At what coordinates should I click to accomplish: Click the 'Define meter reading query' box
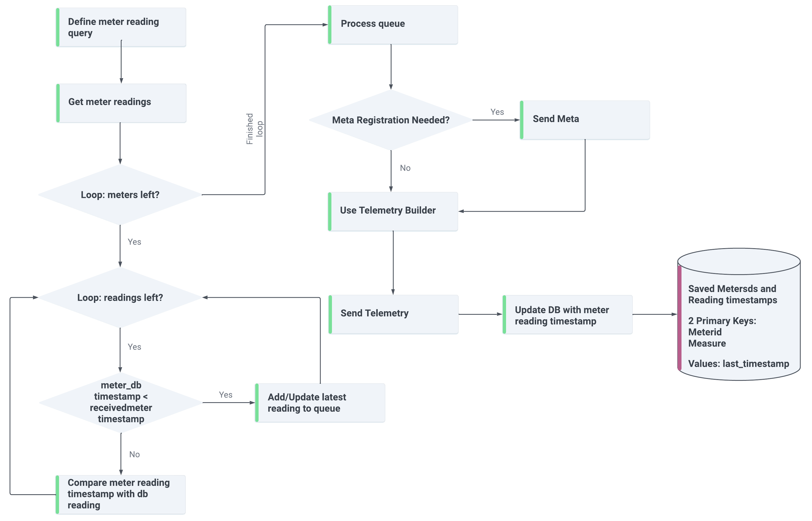click(121, 27)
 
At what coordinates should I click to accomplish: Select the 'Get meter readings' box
click(121, 103)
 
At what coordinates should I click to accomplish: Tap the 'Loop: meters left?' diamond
click(120, 195)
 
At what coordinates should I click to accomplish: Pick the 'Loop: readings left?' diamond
click(120, 298)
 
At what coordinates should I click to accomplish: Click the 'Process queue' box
click(393, 25)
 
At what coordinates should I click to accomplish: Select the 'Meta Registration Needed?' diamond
click(391, 120)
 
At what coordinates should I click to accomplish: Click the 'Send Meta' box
click(585, 120)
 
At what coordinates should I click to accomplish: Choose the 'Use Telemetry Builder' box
click(393, 211)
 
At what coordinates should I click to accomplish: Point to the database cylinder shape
click(739, 314)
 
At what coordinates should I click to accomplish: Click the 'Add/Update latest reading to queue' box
click(319, 403)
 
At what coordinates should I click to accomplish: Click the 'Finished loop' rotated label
click(254, 129)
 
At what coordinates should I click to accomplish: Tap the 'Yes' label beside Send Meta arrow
click(497, 112)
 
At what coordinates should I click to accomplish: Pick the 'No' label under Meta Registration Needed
click(405, 168)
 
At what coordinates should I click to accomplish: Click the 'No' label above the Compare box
click(134, 454)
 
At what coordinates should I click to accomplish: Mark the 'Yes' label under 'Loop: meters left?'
click(134, 242)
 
